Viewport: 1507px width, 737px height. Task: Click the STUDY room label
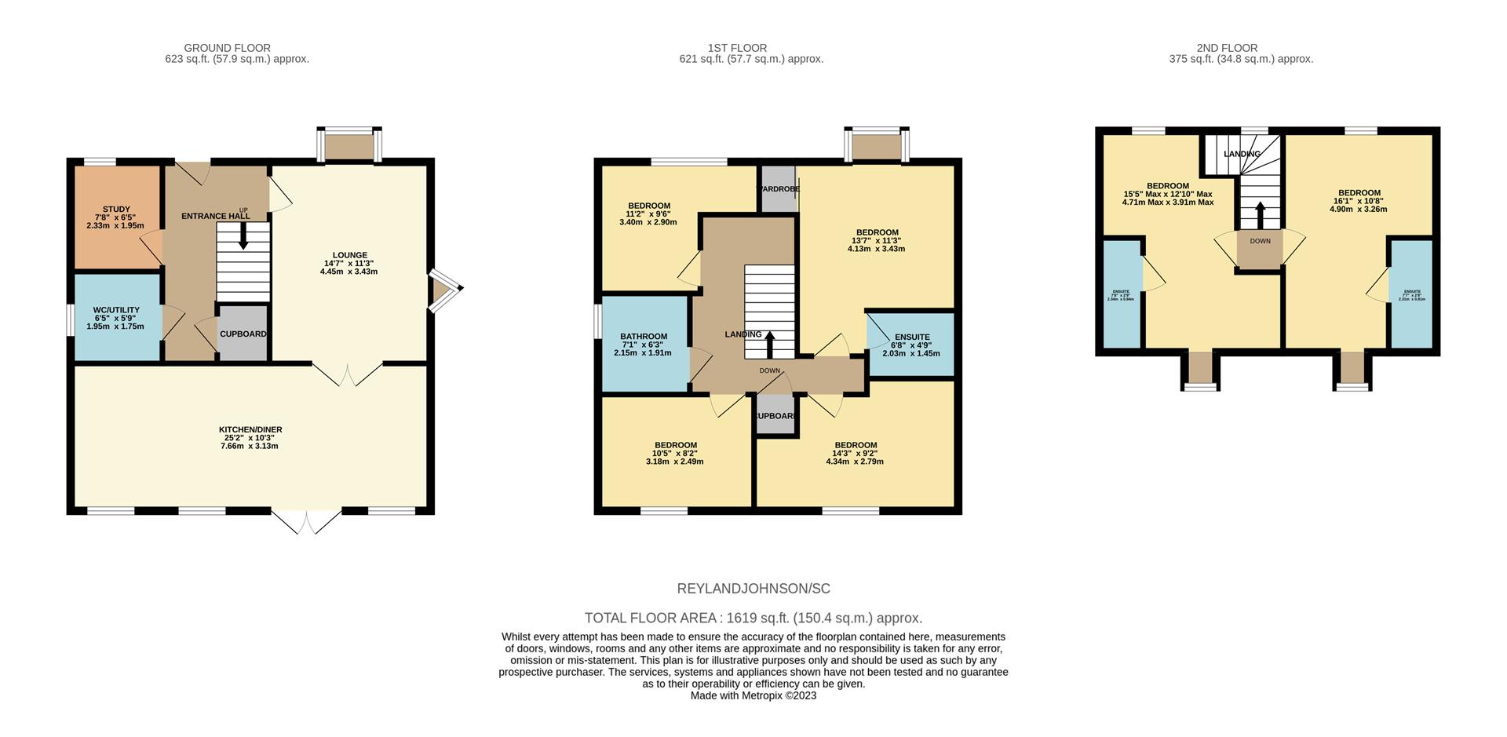coord(116,210)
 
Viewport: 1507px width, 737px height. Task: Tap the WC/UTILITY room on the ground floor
coord(116,317)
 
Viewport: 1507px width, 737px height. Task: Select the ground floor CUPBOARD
coord(243,334)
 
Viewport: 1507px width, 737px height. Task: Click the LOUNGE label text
coord(349,255)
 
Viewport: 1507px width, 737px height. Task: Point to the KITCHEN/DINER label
coord(250,430)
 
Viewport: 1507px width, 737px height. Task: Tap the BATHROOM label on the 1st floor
coord(644,337)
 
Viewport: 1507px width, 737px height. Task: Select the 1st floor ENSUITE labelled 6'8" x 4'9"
coord(910,345)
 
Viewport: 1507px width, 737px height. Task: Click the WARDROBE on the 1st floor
coord(778,189)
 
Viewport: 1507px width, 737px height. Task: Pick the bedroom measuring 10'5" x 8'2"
coord(675,453)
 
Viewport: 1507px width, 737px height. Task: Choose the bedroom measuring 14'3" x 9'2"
coord(855,453)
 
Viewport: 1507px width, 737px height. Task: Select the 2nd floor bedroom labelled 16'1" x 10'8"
coord(1359,201)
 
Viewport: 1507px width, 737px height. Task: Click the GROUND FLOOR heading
coord(227,48)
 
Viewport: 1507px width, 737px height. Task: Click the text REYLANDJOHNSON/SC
coord(753,589)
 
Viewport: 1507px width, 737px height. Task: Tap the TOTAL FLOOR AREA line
coord(753,618)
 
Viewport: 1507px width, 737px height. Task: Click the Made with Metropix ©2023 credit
coord(753,695)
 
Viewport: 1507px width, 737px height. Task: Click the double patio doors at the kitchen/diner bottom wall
coord(306,521)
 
